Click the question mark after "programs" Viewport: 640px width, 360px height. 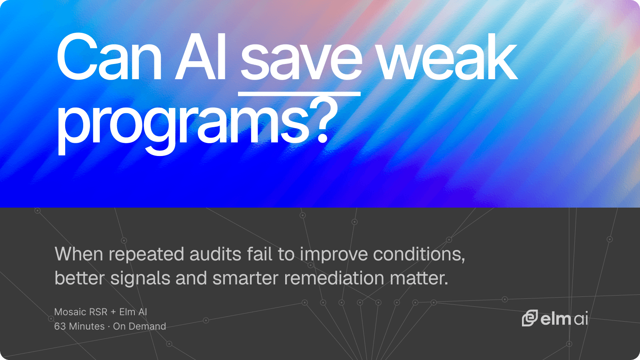(324, 120)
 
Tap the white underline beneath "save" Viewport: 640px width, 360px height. (299, 94)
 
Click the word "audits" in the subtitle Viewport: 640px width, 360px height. (216, 254)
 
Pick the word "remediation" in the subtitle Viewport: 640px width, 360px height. (334, 278)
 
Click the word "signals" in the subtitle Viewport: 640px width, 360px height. (140, 279)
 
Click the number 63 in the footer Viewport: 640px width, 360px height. (60, 326)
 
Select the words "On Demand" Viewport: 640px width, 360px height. (140, 326)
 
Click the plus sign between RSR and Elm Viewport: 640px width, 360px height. (113, 312)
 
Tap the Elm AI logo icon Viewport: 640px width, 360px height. (530, 318)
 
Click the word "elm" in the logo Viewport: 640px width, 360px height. (556, 319)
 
